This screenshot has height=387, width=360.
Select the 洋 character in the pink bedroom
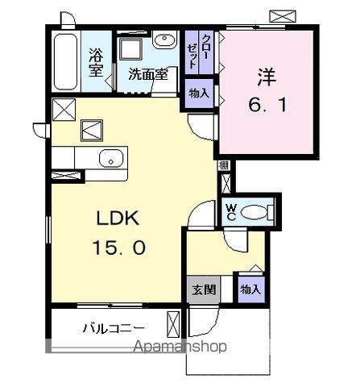[267, 78]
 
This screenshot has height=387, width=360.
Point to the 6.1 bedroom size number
[267, 106]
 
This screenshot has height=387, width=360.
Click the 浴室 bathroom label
[96, 62]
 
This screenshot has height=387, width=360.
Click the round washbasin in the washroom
[164, 42]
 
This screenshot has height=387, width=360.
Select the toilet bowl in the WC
[255, 212]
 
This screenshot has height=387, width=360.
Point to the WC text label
[230, 212]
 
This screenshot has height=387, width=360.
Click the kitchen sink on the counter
[108, 159]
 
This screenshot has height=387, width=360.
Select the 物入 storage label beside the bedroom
[199, 94]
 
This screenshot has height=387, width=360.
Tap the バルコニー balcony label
[113, 329]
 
